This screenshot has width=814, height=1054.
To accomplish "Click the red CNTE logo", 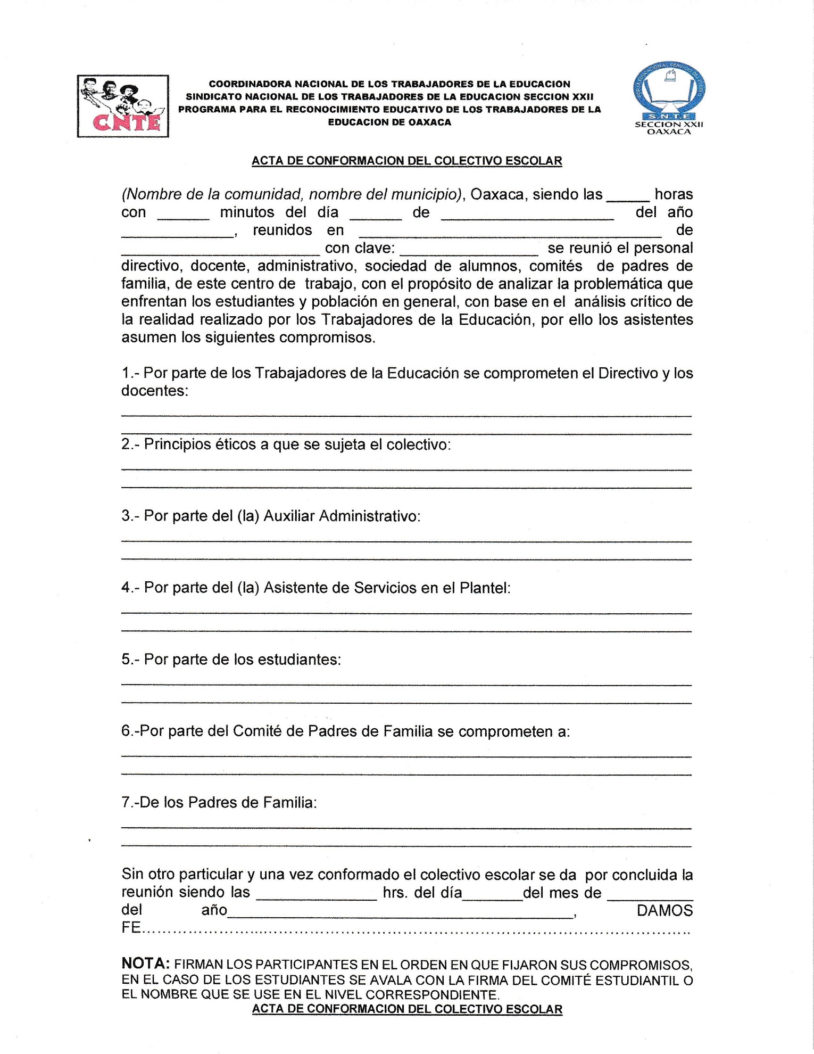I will (x=123, y=106).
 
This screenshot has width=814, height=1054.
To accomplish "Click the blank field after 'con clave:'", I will (x=468, y=249).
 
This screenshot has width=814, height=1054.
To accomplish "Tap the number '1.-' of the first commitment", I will (x=130, y=373).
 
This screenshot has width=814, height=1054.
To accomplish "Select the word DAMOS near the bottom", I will (x=665, y=911).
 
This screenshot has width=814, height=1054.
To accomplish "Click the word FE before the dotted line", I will (x=131, y=928).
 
